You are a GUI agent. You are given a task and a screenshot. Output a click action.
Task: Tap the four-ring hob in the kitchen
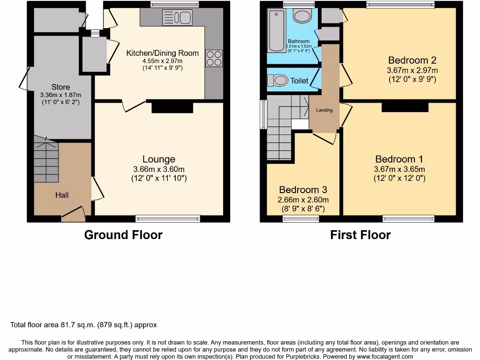click(x=214, y=58)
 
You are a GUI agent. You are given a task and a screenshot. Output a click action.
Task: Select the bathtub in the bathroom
click(x=276, y=32)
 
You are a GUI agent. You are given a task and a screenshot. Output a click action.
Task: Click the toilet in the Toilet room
click(x=279, y=81)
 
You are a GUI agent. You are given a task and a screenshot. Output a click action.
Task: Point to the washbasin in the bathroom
click(x=303, y=16)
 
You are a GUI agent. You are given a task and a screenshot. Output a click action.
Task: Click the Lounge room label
click(x=159, y=159)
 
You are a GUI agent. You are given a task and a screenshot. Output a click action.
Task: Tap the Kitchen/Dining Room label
click(x=162, y=53)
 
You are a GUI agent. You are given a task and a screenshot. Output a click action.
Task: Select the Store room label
click(x=60, y=87)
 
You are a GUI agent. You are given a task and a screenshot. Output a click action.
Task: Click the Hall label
click(x=62, y=195)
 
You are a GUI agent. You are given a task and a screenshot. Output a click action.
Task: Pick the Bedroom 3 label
click(x=303, y=190)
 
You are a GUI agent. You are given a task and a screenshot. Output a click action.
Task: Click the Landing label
click(x=324, y=110)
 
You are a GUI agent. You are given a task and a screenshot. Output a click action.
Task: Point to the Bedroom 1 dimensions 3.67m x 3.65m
click(x=399, y=169)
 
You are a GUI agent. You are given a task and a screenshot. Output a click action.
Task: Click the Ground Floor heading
click(x=123, y=235)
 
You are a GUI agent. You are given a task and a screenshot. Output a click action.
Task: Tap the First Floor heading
click(x=360, y=235)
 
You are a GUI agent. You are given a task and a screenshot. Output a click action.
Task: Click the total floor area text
click(x=83, y=325)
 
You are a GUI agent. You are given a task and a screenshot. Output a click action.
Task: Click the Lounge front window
click(x=168, y=218)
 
